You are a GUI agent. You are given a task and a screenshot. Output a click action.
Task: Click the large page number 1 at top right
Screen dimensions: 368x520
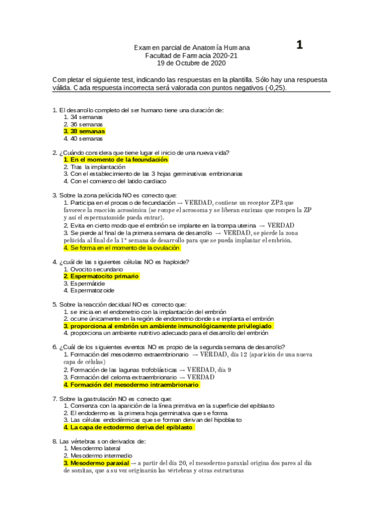click(300, 45)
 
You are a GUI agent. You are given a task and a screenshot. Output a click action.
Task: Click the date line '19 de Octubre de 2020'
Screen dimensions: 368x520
click(191, 63)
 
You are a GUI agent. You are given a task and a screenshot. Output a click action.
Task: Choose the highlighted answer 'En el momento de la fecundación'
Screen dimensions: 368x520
click(115, 159)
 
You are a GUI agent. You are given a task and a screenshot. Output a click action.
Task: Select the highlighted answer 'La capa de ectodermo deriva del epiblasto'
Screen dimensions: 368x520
click(129, 427)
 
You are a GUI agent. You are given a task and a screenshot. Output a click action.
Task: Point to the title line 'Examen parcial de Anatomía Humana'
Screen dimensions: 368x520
click(192, 48)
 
